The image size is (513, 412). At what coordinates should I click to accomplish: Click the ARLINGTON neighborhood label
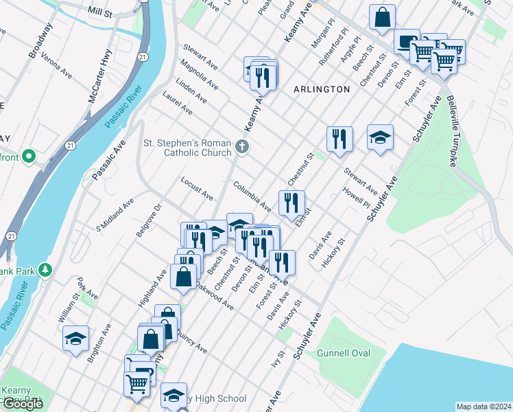[322, 89]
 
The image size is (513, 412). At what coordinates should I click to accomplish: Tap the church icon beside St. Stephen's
[241, 146]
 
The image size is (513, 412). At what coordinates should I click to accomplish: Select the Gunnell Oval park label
[344, 353]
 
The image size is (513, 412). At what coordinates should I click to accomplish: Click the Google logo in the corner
[23, 404]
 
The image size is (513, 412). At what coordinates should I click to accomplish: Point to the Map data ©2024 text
[484, 407]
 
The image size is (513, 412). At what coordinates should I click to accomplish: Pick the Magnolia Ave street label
[199, 75]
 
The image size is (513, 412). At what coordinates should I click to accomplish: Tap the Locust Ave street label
[197, 188]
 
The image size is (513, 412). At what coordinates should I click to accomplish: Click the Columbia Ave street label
[251, 196]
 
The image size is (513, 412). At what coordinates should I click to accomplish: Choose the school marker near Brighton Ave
[75, 338]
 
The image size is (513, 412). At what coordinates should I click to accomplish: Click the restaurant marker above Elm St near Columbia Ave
[291, 203]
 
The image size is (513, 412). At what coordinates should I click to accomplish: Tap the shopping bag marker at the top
[382, 18]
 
